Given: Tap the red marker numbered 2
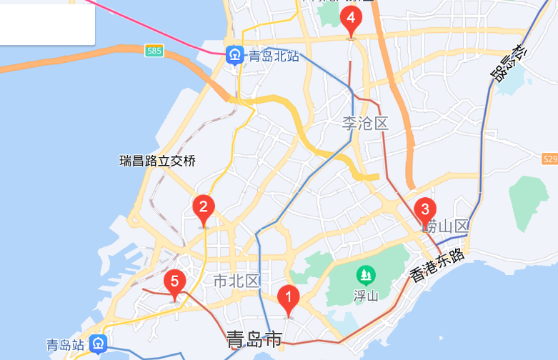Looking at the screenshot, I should coord(204,209).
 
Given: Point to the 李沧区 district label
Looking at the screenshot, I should coord(364,124).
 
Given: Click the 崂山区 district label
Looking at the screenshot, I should coord(444,227).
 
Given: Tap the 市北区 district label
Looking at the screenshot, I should coord(236,281).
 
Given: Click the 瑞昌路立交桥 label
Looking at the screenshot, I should coord(157,161).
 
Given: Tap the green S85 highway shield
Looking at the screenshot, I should coord(154,51).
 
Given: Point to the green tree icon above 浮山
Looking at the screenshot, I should coord(366,274).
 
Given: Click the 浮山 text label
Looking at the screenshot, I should coord(366,295).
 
